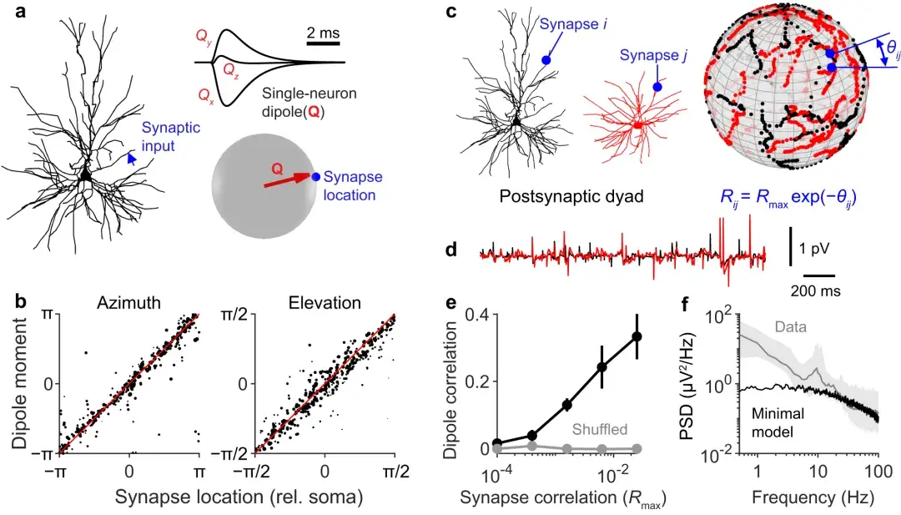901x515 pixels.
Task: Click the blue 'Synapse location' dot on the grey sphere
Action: (x=315, y=177)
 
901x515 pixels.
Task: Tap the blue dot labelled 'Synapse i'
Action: (x=546, y=60)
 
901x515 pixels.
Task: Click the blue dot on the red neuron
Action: (x=657, y=87)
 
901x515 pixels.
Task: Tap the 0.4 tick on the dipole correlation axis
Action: (x=479, y=314)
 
